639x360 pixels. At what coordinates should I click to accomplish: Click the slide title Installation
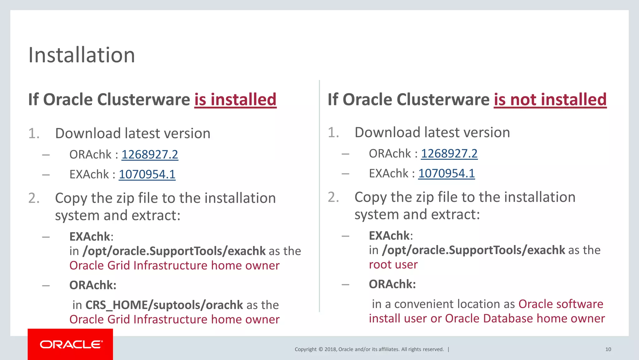(x=81, y=55)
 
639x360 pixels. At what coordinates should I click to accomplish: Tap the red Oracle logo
(x=71, y=344)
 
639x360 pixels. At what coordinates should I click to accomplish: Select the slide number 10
(x=608, y=349)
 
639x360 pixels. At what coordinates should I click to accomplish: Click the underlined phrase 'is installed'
(x=235, y=100)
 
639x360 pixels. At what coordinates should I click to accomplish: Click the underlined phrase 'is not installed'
(x=550, y=100)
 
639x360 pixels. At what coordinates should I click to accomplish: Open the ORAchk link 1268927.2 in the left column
(x=150, y=154)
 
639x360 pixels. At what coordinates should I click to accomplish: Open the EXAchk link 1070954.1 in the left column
(x=147, y=174)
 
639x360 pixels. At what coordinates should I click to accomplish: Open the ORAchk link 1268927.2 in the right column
(x=449, y=153)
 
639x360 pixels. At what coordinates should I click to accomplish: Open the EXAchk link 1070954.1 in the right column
(x=446, y=173)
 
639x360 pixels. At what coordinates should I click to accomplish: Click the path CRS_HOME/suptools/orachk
(x=164, y=305)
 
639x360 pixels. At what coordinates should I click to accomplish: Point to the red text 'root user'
(x=393, y=265)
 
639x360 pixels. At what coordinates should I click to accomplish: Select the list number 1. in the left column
(x=34, y=133)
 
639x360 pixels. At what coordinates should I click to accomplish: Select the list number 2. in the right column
(x=333, y=197)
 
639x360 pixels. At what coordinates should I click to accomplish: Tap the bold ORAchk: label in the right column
(x=392, y=284)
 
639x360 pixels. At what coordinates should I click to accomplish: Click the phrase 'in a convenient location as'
(x=443, y=304)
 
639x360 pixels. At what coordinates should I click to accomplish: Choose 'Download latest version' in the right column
(x=432, y=132)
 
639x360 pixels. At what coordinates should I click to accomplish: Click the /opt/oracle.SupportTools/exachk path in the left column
(x=174, y=251)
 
